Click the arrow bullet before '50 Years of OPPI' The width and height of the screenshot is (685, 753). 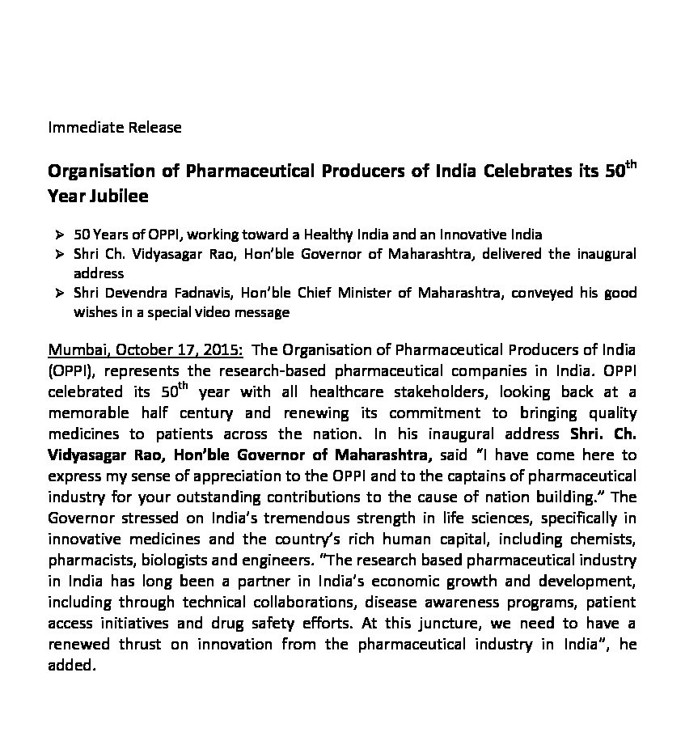click(x=60, y=235)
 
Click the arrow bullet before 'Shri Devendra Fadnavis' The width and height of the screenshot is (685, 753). click(x=60, y=293)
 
